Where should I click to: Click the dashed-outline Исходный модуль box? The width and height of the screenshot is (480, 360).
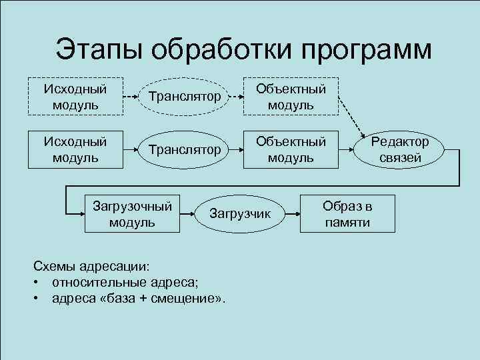[75, 97]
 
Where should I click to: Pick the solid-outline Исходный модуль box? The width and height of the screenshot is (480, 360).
[75, 149]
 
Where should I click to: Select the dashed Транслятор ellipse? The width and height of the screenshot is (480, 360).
[185, 97]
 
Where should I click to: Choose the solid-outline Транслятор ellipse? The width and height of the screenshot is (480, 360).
[185, 149]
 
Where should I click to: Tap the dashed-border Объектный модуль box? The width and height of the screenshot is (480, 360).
[291, 97]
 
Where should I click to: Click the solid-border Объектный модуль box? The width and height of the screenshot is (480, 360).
[291, 149]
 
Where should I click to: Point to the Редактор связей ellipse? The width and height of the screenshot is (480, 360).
[401, 149]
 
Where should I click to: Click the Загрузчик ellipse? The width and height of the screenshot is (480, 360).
[241, 213]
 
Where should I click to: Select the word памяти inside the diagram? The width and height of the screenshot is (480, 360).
[347, 222]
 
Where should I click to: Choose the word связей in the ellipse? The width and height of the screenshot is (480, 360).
[401, 158]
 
